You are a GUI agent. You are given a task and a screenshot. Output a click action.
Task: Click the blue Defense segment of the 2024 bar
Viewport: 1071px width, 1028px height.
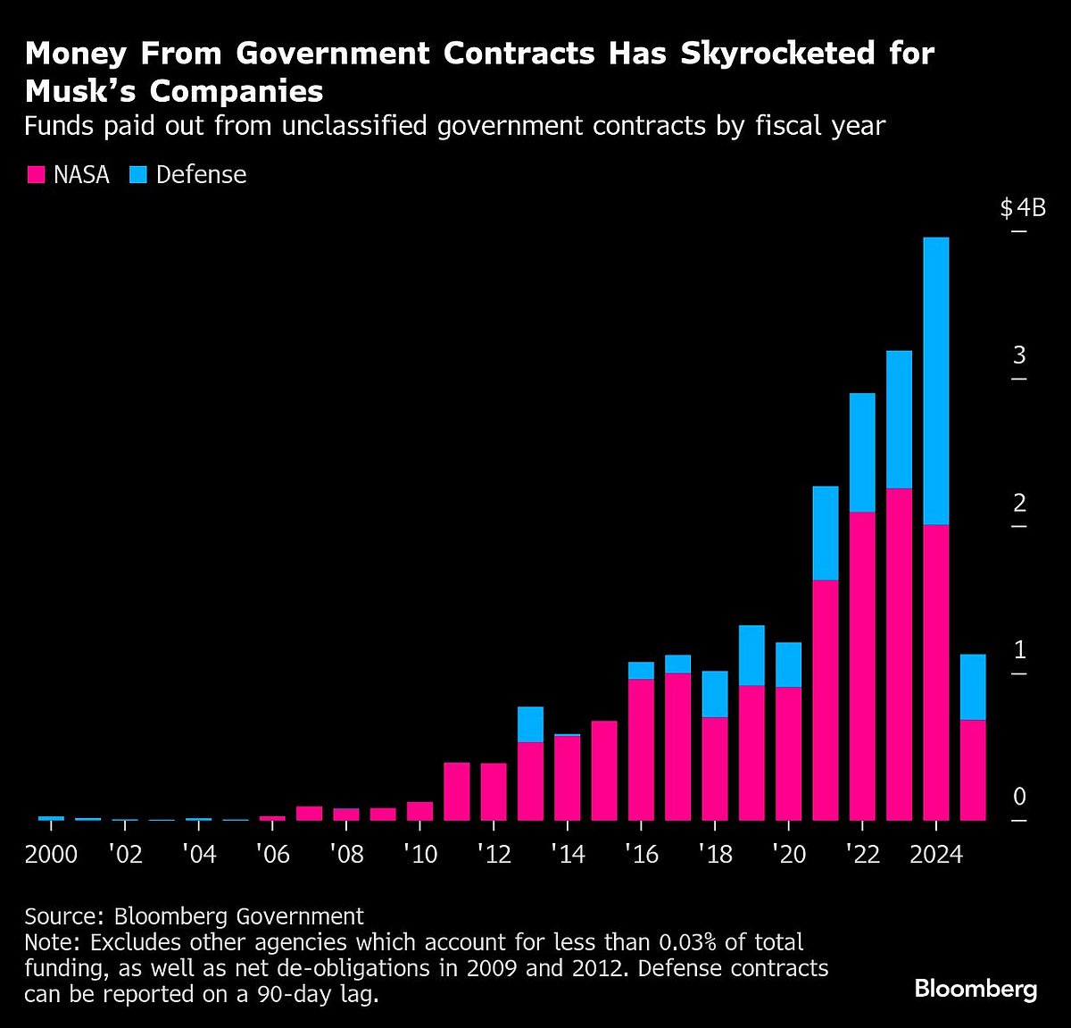click(935, 380)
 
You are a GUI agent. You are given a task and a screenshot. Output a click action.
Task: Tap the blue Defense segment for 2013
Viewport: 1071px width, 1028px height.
click(530, 723)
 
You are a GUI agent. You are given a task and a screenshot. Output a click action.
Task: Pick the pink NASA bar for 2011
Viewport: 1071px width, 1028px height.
click(457, 791)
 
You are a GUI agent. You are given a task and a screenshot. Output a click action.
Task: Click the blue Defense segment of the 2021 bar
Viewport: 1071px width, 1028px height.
click(826, 533)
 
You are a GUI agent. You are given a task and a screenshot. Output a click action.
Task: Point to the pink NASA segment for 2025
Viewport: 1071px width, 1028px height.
click(973, 770)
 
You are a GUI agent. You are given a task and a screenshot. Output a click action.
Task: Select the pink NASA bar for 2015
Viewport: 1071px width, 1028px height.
click(604, 770)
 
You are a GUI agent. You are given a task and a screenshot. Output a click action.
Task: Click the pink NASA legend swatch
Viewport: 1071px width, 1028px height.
click(36, 175)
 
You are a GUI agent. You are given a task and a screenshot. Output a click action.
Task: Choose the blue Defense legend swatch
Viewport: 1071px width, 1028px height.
click(137, 175)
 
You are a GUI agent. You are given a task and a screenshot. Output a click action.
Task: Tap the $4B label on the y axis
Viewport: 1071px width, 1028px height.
click(1022, 209)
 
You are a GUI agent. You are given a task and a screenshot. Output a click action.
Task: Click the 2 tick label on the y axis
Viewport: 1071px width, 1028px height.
click(1019, 503)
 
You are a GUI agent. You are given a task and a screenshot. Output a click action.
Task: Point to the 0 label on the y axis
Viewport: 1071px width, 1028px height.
click(1019, 797)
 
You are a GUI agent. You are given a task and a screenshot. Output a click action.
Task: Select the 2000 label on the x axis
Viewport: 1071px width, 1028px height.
click(52, 855)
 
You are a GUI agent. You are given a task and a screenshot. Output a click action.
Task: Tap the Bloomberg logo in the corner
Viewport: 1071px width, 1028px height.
click(976, 989)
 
